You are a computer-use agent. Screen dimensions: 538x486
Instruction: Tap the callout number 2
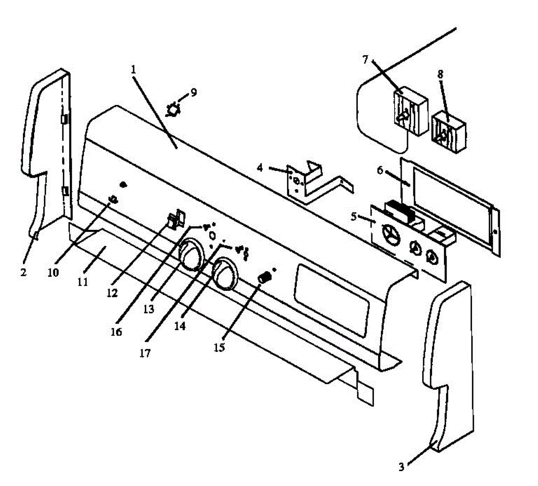pos(23,272)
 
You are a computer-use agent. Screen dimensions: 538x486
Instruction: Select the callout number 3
pos(402,467)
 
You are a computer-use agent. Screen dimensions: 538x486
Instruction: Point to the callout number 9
pos(193,93)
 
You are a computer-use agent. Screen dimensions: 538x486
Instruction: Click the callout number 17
pos(145,353)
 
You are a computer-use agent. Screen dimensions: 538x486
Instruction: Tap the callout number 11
pos(82,282)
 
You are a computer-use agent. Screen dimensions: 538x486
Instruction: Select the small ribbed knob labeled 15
pos(265,278)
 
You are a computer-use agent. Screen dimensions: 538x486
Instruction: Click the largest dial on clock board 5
pos(388,233)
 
